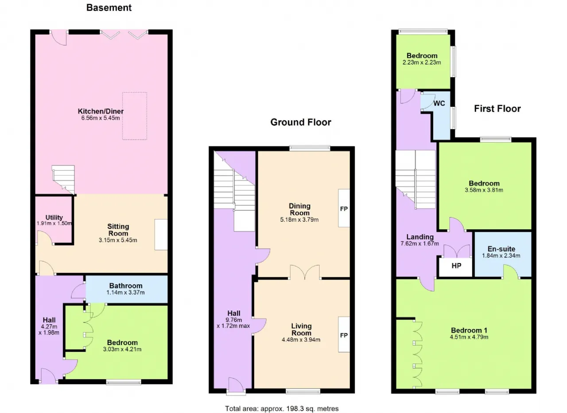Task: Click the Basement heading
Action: [109, 8]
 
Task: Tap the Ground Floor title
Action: [301, 122]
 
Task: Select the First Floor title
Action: [497, 109]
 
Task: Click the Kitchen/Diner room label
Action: [101, 111]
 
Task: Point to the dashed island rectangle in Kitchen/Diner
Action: [135, 116]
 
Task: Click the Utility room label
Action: [54, 217]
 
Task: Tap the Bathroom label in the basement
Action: [126, 286]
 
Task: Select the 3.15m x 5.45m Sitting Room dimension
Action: [118, 240]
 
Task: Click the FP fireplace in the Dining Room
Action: [344, 208]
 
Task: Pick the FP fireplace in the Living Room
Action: [344, 334]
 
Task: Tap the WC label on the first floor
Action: [439, 103]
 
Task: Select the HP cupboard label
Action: [456, 266]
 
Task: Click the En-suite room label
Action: [501, 249]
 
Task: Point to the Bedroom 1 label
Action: [469, 330]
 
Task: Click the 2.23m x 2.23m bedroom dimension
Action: [422, 63]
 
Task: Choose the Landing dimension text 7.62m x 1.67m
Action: [419, 244]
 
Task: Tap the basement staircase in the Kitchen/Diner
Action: [63, 180]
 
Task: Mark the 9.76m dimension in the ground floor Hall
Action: [233, 320]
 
